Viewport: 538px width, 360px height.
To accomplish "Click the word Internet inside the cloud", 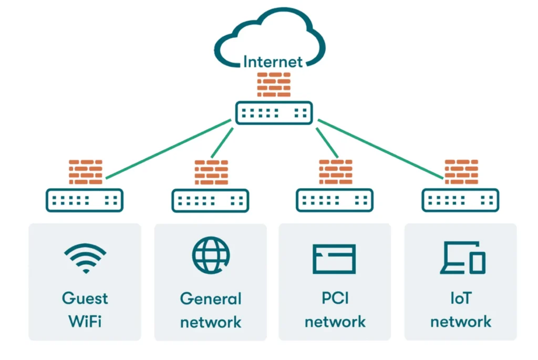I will [x=273, y=61].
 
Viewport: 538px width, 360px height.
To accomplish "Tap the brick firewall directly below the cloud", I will [x=274, y=84].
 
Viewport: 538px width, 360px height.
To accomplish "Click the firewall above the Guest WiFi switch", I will [x=86, y=172].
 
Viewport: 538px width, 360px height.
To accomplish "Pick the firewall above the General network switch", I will [x=211, y=172].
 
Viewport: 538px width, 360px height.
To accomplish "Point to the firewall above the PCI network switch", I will [x=336, y=172].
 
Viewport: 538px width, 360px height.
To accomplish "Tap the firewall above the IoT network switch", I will [x=461, y=172].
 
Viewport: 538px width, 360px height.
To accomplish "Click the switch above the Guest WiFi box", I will [x=85, y=200].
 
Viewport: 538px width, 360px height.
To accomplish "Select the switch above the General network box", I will [x=210, y=200].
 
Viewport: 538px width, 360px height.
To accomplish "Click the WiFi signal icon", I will [x=85, y=258].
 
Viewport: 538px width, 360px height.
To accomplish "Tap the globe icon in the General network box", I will [x=210, y=255].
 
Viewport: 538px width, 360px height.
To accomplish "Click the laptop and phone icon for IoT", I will [x=462, y=258].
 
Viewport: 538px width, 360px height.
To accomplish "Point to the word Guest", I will [x=85, y=299].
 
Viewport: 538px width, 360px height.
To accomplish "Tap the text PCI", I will [x=335, y=299].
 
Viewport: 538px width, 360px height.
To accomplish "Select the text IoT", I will [x=460, y=299].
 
